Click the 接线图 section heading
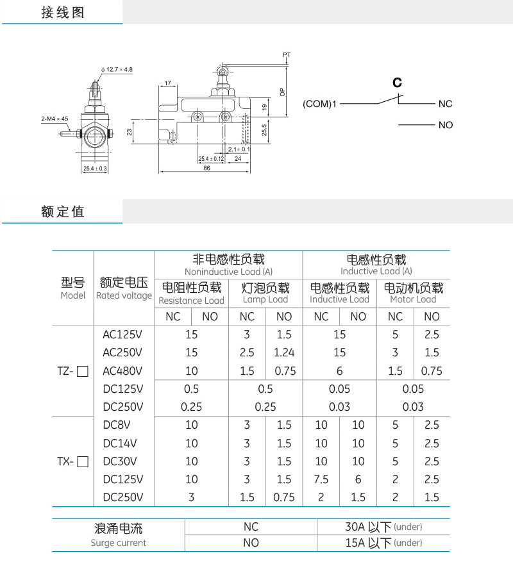click(x=62, y=12)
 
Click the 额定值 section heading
click(x=62, y=211)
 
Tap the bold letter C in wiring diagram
click(x=397, y=83)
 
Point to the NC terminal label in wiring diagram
click(x=446, y=104)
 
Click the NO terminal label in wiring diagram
click(x=446, y=125)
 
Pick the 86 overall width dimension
click(x=206, y=167)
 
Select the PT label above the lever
click(x=287, y=55)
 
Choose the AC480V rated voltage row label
click(x=122, y=370)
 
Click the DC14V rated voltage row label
click(x=121, y=443)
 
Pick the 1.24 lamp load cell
click(x=283, y=352)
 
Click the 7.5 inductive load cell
click(x=321, y=479)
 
